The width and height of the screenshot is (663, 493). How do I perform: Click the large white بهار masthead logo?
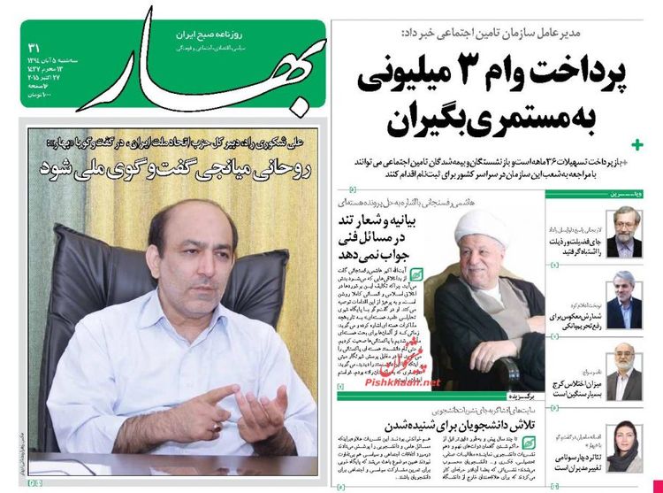point(168,71)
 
